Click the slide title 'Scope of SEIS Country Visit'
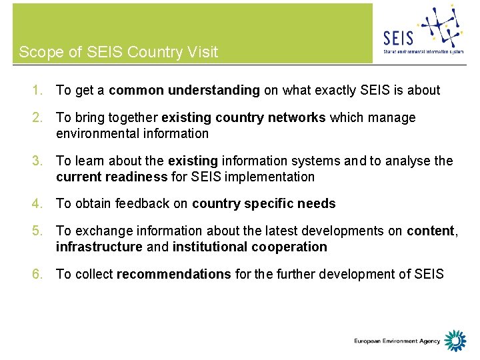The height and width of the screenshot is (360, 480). [119, 52]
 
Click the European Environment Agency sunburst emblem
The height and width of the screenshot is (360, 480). [455, 341]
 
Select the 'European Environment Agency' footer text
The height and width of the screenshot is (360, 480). [397, 341]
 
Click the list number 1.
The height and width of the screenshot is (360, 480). [39, 91]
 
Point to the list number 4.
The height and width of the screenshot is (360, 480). [39, 204]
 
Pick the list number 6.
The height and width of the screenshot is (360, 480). [39, 274]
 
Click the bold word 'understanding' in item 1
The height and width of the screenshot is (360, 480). [213, 91]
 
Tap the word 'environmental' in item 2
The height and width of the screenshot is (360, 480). [97, 133]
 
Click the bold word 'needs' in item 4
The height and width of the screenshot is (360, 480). [317, 204]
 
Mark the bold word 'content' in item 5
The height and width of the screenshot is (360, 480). [430, 231]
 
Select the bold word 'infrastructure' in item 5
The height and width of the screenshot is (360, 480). [99, 247]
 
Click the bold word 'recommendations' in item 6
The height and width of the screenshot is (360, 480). [173, 274]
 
